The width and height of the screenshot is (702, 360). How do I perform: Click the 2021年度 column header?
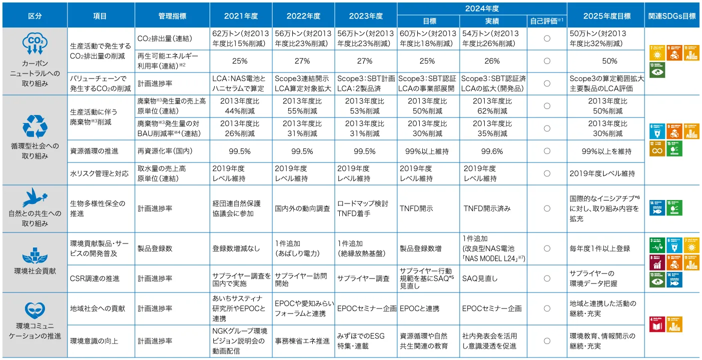[x=241, y=15]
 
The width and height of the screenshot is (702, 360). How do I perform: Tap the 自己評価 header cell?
[x=547, y=21]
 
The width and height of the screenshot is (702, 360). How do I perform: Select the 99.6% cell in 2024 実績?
[x=492, y=151]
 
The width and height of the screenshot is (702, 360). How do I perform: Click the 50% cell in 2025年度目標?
[x=609, y=61]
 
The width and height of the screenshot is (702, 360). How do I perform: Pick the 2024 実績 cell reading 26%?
[x=492, y=61]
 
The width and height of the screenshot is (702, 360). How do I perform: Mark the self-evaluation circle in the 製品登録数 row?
[x=547, y=248]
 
